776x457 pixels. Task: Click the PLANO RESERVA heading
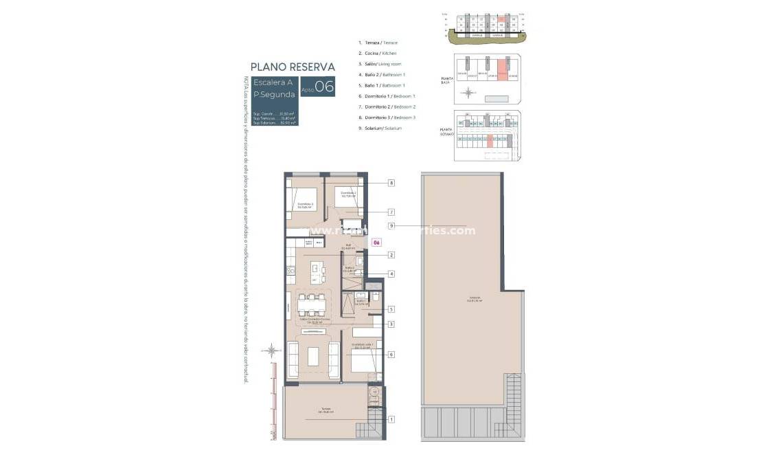coord(293,67)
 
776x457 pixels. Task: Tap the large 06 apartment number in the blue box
coord(324,87)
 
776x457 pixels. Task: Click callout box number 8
coord(391,183)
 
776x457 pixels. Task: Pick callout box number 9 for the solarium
coord(391,225)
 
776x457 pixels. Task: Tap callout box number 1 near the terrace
coord(391,419)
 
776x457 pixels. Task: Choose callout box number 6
coord(391,354)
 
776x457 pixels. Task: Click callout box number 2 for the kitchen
coord(391,255)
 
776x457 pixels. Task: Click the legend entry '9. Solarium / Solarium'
coord(380,128)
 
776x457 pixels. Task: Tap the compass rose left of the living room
coord(273,350)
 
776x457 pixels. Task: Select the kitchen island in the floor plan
coord(316,271)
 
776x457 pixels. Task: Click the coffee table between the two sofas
coord(313,357)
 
